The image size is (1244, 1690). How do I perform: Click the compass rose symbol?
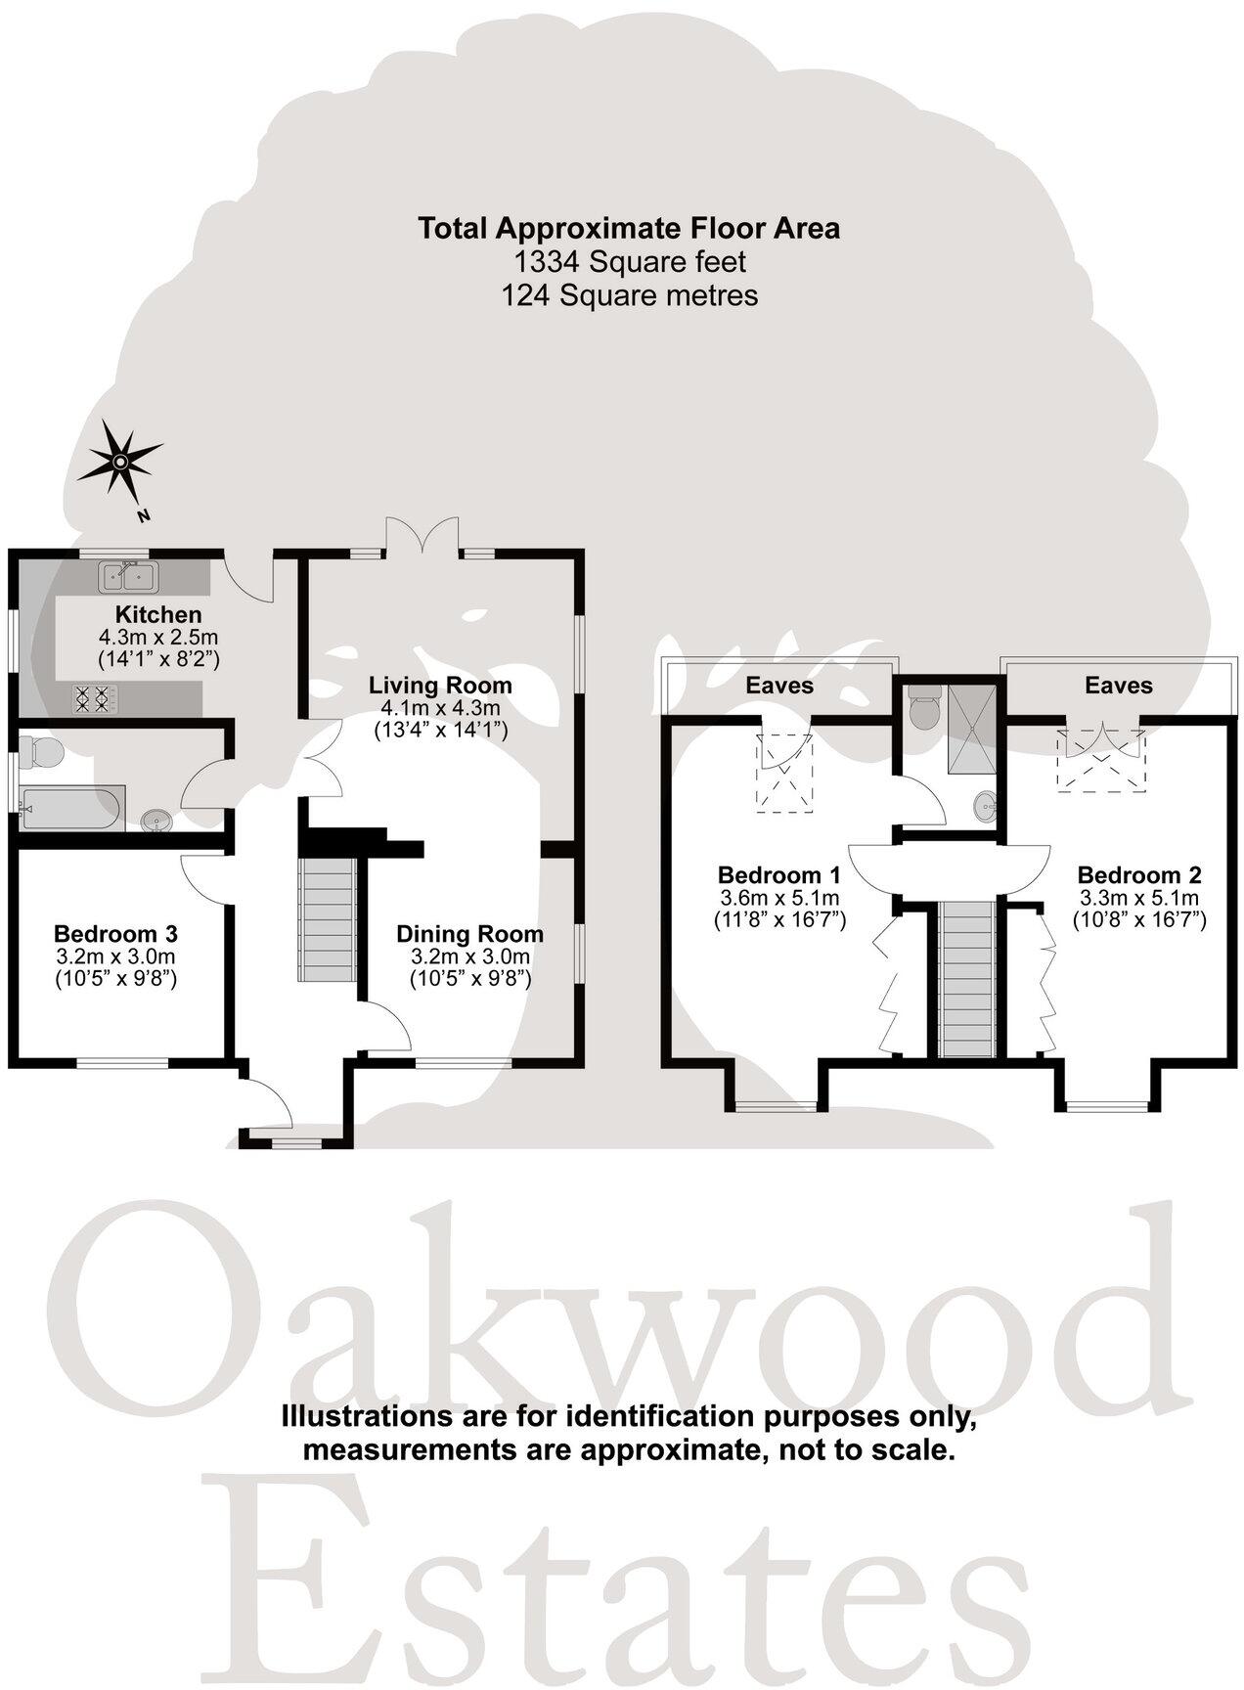(119, 462)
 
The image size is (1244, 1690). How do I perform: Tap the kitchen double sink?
(128, 577)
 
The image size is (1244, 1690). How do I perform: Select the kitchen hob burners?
(92, 697)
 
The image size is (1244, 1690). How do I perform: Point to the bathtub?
(71, 808)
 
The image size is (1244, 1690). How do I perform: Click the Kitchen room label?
(158, 615)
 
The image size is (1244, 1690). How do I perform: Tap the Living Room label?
(440, 686)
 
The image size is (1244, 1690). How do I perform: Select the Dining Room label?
(469, 935)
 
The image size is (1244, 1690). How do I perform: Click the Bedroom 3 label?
(115, 933)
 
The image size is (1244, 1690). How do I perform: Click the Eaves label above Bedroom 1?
(779, 686)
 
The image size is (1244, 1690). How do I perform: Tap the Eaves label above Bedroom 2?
(1119, 686)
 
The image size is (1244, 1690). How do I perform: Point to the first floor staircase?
(966, 978)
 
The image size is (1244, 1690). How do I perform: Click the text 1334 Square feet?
(630, 262)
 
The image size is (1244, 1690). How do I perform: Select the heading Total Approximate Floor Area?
(629, 229)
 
